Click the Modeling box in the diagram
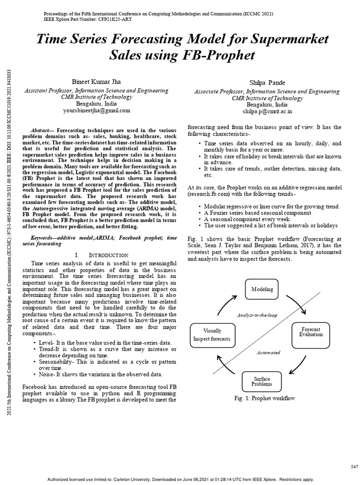pos(262,289)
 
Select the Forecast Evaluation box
pos(310,332)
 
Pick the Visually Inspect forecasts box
pos(211,334)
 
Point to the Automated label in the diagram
pos(268,352)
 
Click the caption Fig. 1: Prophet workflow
pos(264,398)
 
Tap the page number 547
pos(354,467)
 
